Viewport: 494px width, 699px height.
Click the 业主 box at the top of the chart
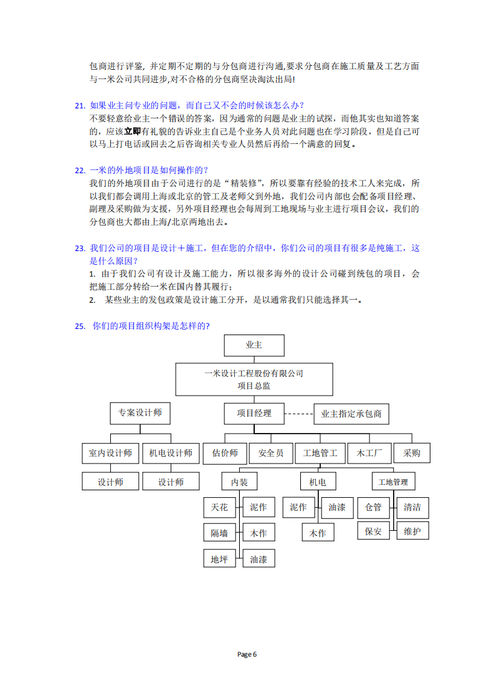tap(254, 345)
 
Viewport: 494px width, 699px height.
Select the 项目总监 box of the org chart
tap(254, 379)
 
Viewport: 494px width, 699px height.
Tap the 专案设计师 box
tap(140, 412)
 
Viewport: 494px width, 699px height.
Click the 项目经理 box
tap(254, 412)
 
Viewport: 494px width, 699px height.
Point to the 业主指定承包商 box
tap(351, 413)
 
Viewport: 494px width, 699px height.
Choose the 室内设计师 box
tap(110, 453)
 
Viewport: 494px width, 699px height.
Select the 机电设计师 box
tap(171, 453)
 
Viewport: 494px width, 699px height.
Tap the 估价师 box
tap(225, 453)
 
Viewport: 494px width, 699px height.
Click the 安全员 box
tap(270, 453)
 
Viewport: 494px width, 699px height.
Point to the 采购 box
tap(412, 453)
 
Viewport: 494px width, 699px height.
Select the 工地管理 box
tap(392, 482)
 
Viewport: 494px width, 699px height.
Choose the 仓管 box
tap(373, 507)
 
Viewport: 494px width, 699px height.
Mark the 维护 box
tap(412, 531)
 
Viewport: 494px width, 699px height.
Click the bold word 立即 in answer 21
tap(133, 131)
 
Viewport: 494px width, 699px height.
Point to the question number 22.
tap(80, 170)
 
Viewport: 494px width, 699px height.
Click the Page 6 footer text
tap(247, 654)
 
